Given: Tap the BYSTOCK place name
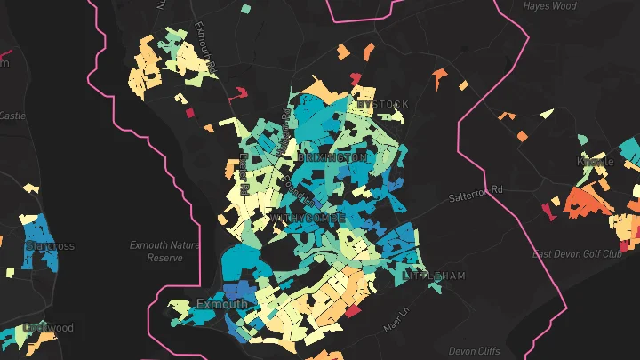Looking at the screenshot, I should pyautogui.click(x=382, y=105).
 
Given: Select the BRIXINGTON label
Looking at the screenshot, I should pyautogui.click(x=332, y=157).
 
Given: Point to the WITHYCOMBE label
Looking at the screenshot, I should pyautogui.click(x=307, y=217).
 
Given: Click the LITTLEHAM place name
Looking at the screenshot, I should pyautogui.click(x=434, y=276).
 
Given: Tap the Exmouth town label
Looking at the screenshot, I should pyautogui.click(x=222, y=305).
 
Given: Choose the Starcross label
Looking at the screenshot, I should pyautogui.click(x=51, y=246).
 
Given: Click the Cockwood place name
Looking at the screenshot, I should pyautogui.click(x=49, y=328).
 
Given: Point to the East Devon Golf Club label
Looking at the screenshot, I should pyautogui.click(x=575, y=254).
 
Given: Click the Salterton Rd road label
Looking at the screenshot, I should pyautogui.click(x=476, y=190).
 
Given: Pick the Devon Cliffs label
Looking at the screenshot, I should pyautogui.click(x=476, y=350).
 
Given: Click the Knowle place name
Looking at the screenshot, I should pyautogui.click(x=595, y=162).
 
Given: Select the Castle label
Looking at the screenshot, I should pyautogui.click(x=12, y=116).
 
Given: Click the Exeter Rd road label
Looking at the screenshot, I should pyautogui.click(x=244, y=172).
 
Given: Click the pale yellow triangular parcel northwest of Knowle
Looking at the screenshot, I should pyautogui.click(x=544, y=114).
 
